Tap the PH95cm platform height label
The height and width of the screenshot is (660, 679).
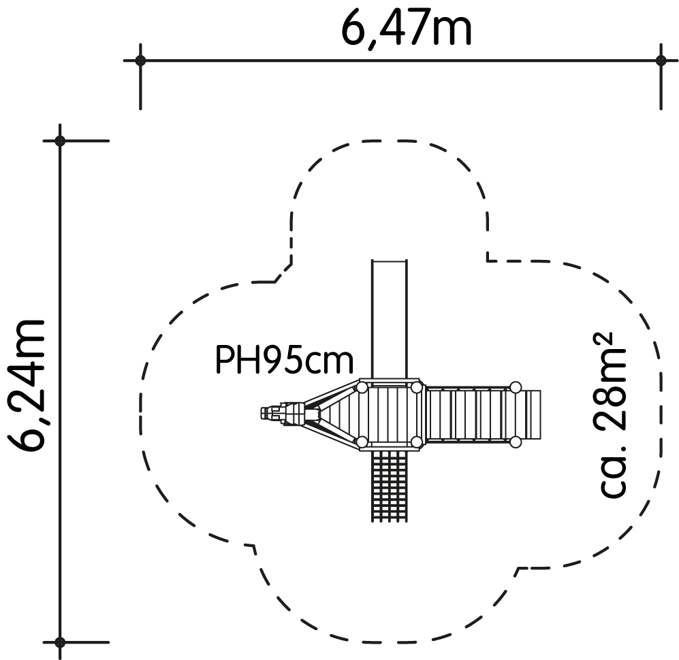(x=285, y=360)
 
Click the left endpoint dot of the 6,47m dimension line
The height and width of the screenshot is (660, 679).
(x=140, y=60)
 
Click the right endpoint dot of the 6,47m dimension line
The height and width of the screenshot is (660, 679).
(x=661, y=60)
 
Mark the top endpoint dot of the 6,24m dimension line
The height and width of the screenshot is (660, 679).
(x=60, y=141)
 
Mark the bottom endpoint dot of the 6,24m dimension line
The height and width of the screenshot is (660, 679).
(x=60, y=642)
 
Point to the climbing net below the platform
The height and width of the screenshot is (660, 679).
(x=389, y=486)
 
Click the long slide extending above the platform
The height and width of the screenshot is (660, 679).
(x=390, y=319)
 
